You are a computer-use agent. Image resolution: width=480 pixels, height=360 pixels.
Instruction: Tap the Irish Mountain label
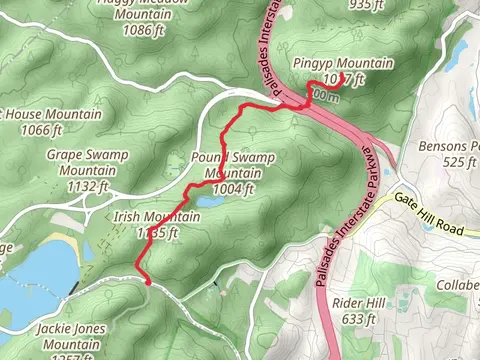coord(144,218)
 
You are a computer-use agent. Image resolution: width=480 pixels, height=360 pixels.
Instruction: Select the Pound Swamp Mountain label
coord(232,159)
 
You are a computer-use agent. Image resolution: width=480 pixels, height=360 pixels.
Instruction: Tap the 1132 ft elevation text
coord(85,185)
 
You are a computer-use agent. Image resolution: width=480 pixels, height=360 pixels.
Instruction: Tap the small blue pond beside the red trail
coord(210,202)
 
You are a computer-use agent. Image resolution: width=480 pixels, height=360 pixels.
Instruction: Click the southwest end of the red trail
coord(149,283)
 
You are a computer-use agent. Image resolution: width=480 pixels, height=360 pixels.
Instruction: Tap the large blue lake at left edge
coord(35,275)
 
